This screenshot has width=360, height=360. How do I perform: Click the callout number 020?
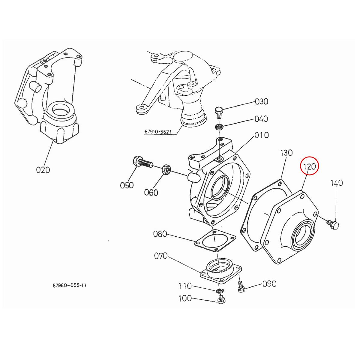click(43, 170)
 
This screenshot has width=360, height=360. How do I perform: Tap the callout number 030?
click(261, 101)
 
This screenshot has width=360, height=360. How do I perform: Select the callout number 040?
click(261, 119)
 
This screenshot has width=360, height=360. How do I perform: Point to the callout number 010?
click(261, 135)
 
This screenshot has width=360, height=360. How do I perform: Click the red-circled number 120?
click(309, 166)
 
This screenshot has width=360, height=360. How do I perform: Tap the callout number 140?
click(337, 183)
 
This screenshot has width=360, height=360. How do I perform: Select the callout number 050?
click(127, 185)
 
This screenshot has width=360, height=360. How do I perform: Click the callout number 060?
click(151, 192)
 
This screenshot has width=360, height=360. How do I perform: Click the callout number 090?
click(269, 283)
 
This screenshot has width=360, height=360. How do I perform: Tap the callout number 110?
click(185, 286)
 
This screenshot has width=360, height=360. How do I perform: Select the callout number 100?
click(185, 298)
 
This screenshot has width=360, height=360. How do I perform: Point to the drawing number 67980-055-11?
click(69, 285)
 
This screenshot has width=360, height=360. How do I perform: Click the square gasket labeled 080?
click(215, 240)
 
